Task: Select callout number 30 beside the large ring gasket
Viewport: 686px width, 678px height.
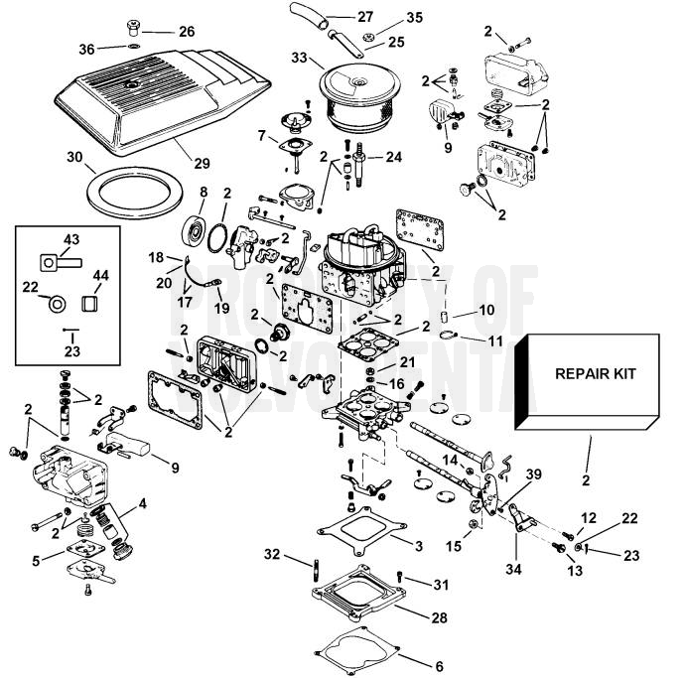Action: pyautogui.click(x=74, y=157)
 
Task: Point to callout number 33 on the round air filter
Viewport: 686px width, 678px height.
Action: pyautogui.click(x=299, y=59)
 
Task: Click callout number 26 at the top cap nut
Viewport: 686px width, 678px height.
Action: pyautogui.click(x=187, y=32)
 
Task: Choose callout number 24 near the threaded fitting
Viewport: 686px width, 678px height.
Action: pyautogui.click(x=394, y=157)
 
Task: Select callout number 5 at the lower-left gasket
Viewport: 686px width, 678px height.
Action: pyautogui.click(x=37, y=561)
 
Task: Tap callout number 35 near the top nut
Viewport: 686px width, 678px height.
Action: pyautogui.click(x=387, y=18)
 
